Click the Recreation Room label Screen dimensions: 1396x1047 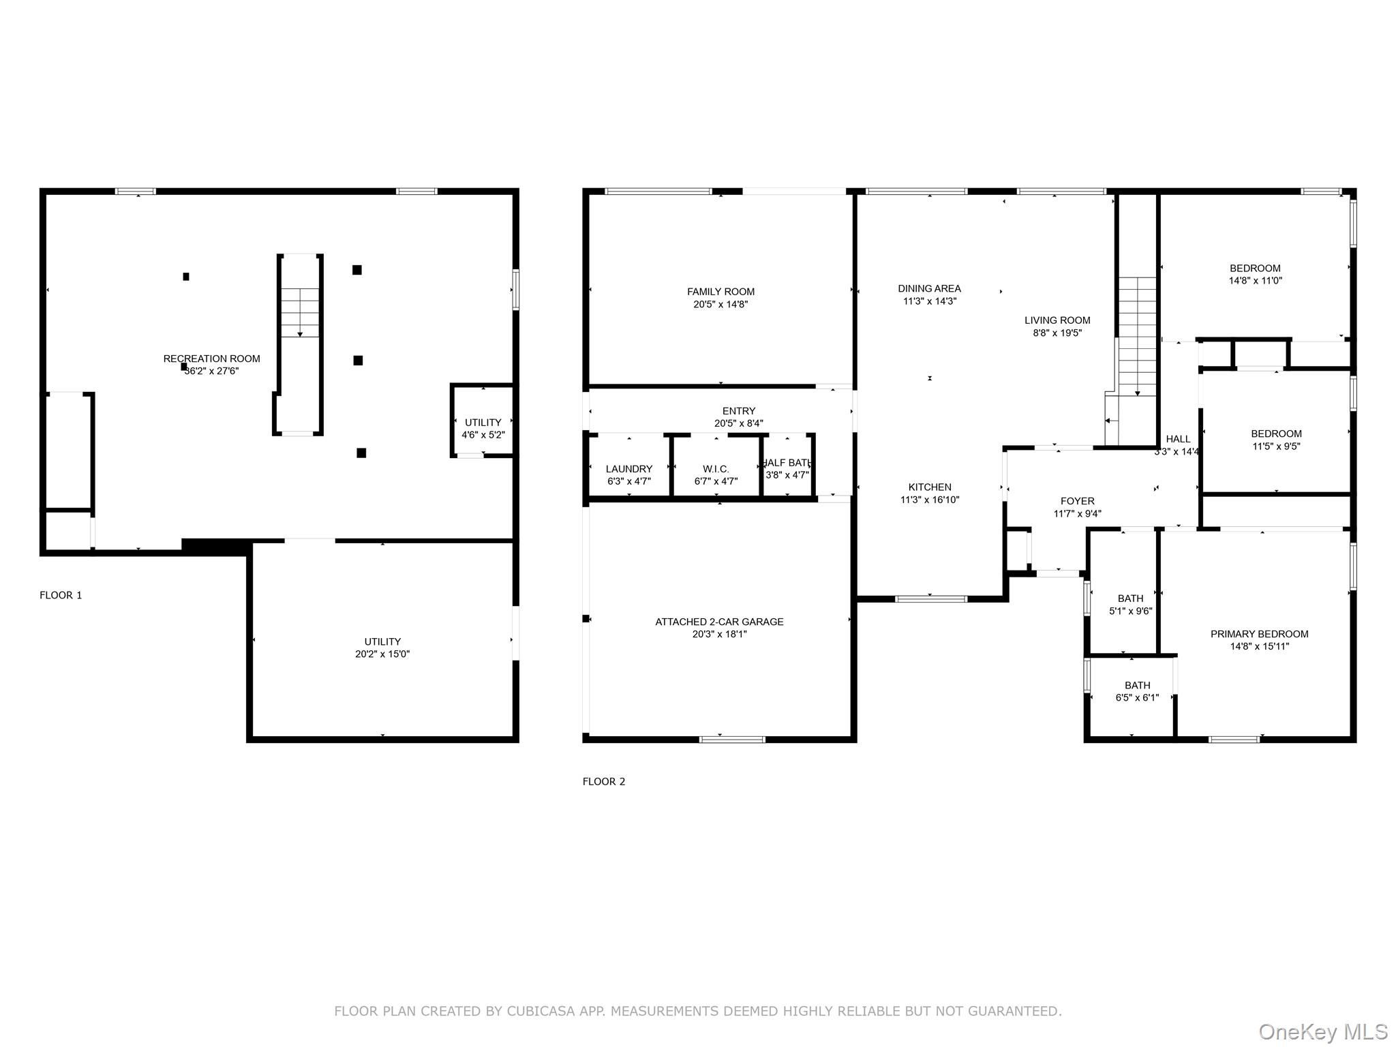click(x=212, y=359)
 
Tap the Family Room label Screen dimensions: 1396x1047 click(x=720, y=292)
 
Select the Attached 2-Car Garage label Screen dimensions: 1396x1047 click(x=719, y=622)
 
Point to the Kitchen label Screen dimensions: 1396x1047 click(x=930, y=487)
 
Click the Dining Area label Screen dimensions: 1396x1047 click(x=929, y=288)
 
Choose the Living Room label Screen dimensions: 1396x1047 click(x=1057, y=320)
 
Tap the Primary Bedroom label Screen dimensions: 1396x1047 click(x=1259, y=634)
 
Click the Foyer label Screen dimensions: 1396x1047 click(x=1077, y=501)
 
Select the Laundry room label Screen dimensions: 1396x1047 click(x=629, y=469)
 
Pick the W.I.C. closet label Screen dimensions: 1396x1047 click(x=716, y=469)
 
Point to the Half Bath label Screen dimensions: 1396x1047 click(x=787, y=463)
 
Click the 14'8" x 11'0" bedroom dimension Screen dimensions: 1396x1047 click(x=1255, y=280)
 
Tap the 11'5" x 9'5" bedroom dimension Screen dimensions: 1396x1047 click(x=1276, y=446)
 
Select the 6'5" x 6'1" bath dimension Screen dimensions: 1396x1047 click(x=1137, y=697)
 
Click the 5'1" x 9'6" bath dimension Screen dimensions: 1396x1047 click(x=1130, y=611)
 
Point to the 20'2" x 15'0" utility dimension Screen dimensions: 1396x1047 click(x=382, y=654)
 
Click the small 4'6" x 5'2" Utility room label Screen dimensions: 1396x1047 click(x=483, y=423)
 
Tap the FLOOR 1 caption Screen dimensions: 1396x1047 click(x=61, y=595)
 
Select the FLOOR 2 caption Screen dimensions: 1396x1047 click(x=604, y=781)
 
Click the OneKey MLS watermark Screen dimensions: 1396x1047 click(x=1323, y=1031)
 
